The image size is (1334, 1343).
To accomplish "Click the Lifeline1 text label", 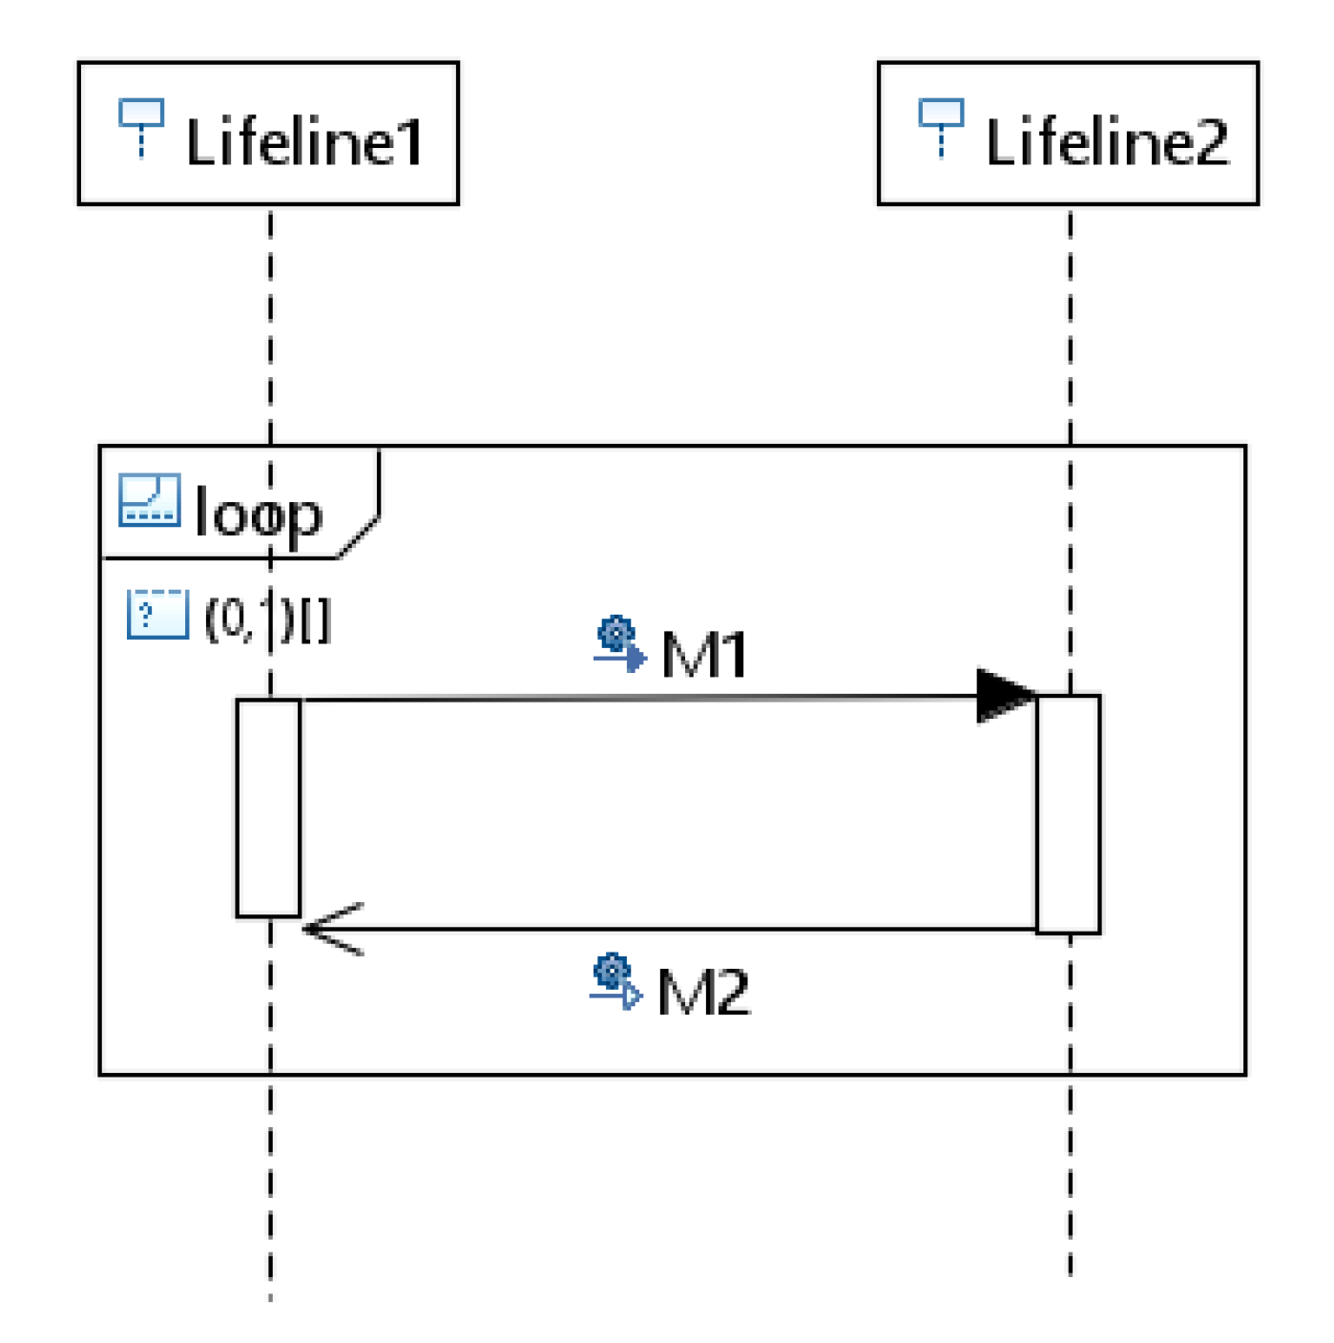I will (304, 141).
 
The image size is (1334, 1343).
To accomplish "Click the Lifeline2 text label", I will (1106, 141).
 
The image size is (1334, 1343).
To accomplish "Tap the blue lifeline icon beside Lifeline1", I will (141, 126).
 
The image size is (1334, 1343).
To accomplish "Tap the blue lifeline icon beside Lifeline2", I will (941, 126).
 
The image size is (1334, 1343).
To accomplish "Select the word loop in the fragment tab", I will (259, 514).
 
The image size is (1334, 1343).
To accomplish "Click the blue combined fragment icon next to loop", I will (149, 500).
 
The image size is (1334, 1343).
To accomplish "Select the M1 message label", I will (704, 655).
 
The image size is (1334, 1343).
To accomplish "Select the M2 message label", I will (703, 992).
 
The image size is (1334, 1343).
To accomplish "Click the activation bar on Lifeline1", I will (268, 808).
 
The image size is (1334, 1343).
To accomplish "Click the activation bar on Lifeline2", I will (1068, 813).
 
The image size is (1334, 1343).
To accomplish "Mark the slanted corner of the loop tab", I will (360, 537).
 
